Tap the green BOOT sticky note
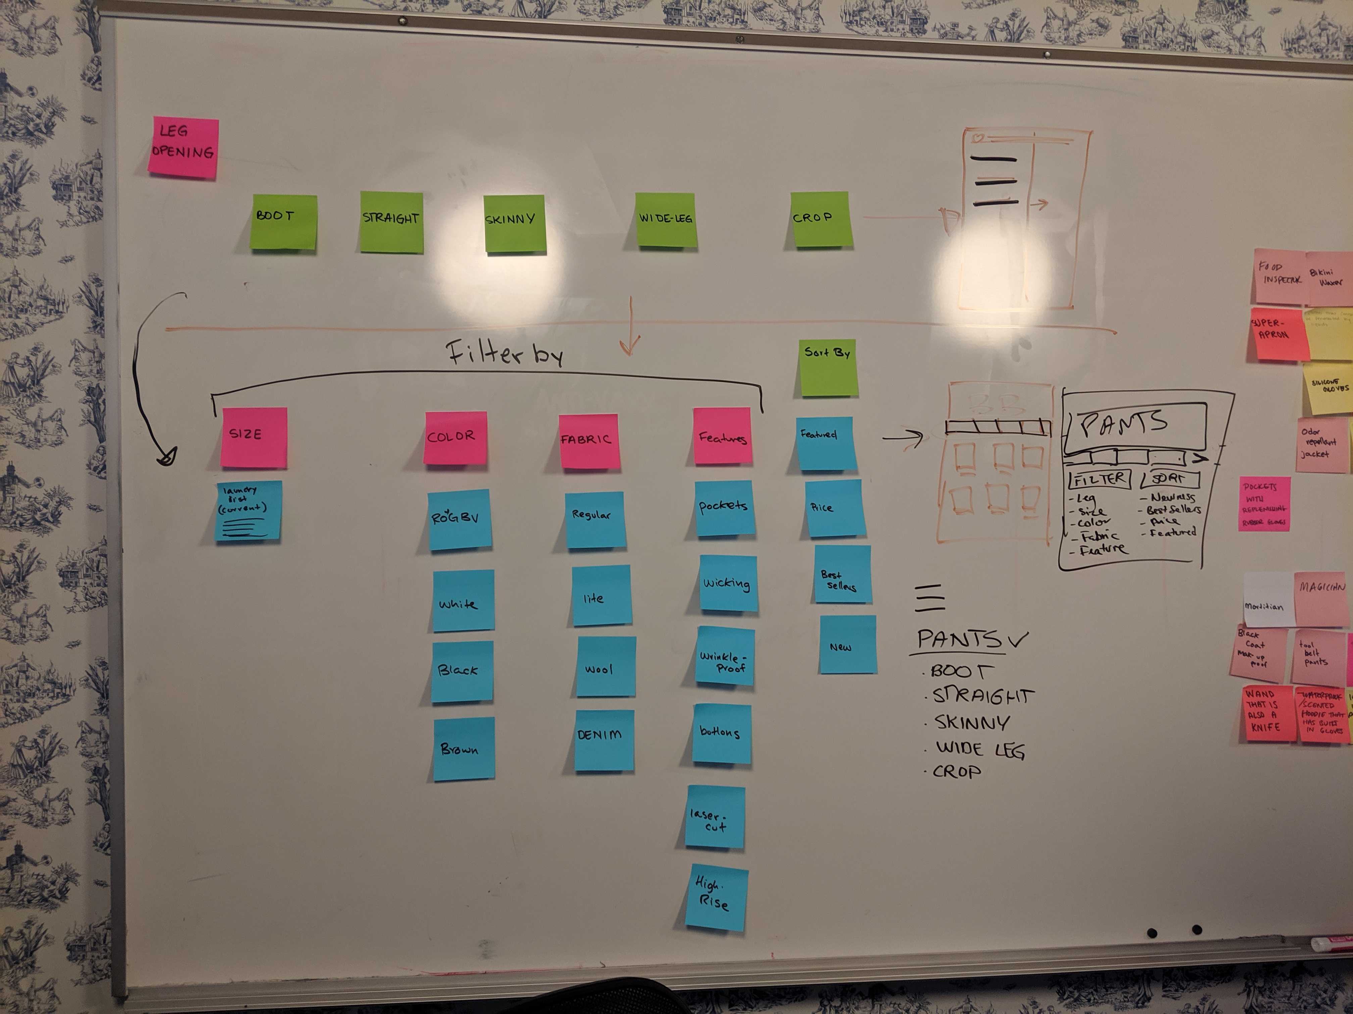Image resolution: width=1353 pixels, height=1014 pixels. (283, 221)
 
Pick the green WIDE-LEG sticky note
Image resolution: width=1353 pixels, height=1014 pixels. (665, 219)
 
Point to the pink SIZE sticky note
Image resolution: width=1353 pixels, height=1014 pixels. (254, 437)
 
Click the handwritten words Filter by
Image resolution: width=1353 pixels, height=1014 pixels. (505, 353)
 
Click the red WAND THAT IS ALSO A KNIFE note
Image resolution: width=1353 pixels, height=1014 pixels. (1268, 713)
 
